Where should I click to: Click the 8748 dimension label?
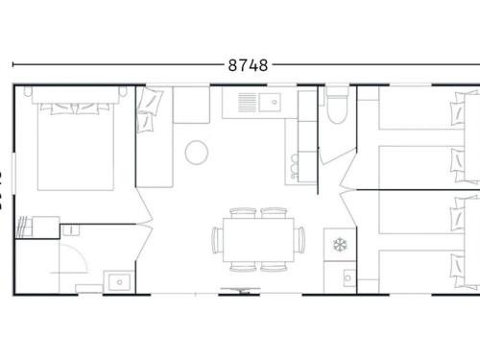pyautogui.click(x=248, y=65)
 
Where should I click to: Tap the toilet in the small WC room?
pyautogui.click(x=335, y=108)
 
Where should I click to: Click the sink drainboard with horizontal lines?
pyautogui.click(x=246, y=100)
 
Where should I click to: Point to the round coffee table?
pyautogui.click(x=198, y=152)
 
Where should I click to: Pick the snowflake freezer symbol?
pyautogui.click(x=338, y=244)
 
